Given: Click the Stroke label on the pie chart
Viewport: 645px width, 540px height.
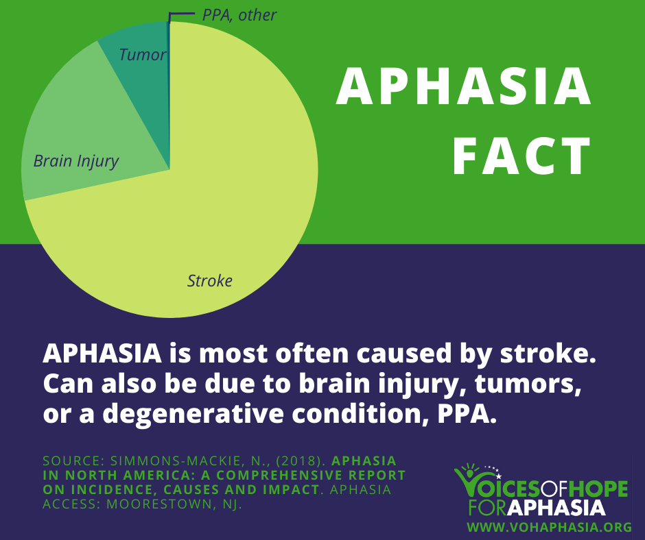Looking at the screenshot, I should [210, 280].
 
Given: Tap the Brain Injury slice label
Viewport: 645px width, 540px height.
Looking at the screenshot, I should [76, 162].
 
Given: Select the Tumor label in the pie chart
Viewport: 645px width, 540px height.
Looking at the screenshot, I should [142, 55].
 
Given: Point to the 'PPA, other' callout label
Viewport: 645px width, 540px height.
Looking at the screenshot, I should [239, 14].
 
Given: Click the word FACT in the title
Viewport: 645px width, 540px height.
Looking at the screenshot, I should [521, 157].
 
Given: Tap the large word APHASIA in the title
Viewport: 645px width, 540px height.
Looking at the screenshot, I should [464, 88].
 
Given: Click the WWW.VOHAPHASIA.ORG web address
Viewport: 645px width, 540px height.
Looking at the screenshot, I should [549, 527].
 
